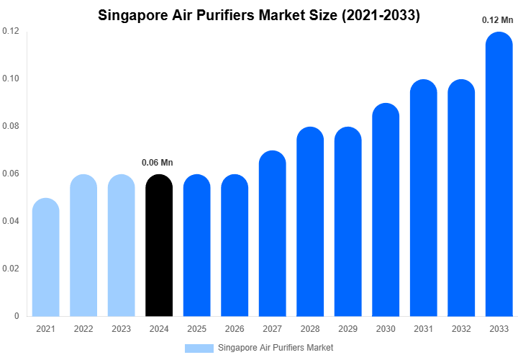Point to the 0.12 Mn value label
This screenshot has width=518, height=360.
coord(496,20)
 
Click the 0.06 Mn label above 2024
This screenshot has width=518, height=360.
coord(157,162)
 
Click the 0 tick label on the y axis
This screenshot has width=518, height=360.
coord(16,316)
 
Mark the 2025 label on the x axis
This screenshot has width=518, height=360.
coord(196,329)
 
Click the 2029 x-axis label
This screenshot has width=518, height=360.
coord(347,329)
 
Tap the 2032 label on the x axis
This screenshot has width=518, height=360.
coord(461,329)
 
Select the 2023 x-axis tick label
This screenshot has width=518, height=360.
coord(121,329)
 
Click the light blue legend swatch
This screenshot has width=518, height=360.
coord(199,348)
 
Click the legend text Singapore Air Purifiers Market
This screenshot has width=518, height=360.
coord(276,348)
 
